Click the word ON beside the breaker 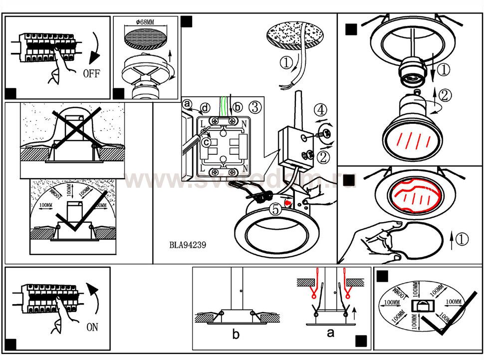pos(92,328)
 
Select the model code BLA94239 pos(188,245)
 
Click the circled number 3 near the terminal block pos(254,106)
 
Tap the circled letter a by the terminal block pos(187,104)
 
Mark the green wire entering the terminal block pos(225,107)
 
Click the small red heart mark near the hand pos(288,202)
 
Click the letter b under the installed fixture pos(236,335)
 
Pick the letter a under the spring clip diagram pos(330,333)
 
